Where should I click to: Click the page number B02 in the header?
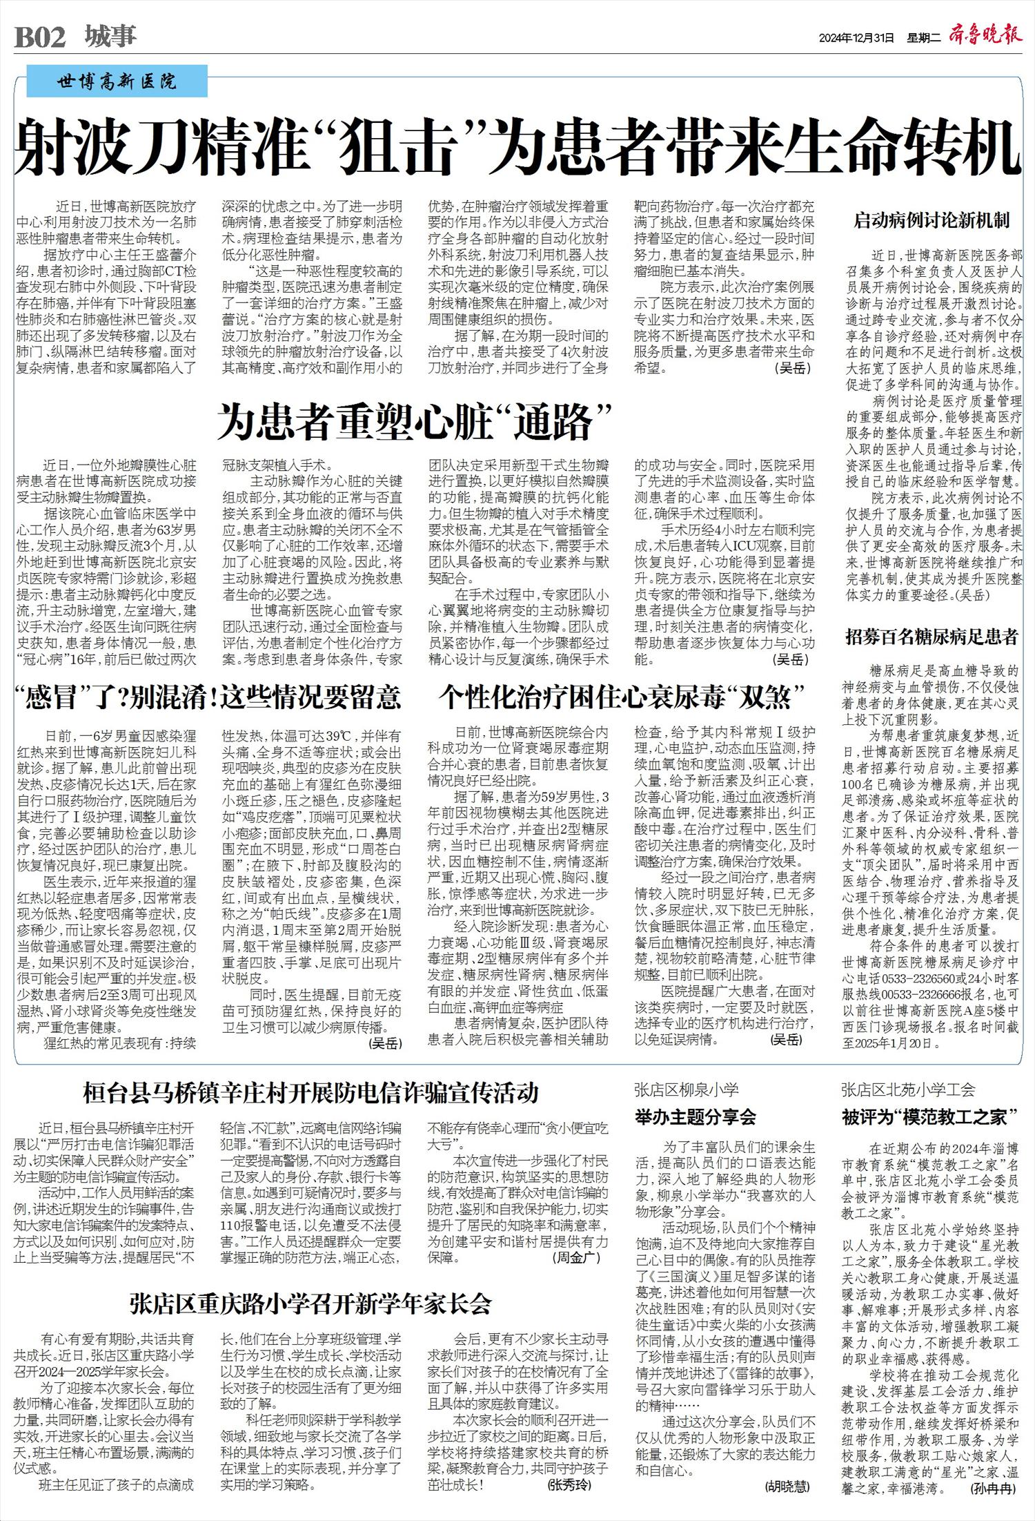tap(40, 37)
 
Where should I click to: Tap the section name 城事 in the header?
tap(111, 36)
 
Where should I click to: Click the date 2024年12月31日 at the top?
tap(856, 37)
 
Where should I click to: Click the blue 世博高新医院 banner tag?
tap(117, 81)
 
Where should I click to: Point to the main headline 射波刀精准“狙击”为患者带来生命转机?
tap(517, 146)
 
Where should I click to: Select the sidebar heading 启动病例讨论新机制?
tap(931, 221)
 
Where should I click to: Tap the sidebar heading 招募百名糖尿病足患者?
tap(931, 637)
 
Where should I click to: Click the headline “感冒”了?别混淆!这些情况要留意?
tap(208, 697)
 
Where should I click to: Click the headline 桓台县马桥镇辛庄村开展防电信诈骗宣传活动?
tap(310, 1093)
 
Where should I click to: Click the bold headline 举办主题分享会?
tap(696, 1116)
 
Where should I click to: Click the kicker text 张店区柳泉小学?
tap(686, 1090)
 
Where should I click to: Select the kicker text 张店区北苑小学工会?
tap(908, 1090)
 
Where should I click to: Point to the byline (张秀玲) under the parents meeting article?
tap(569, 1484)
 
